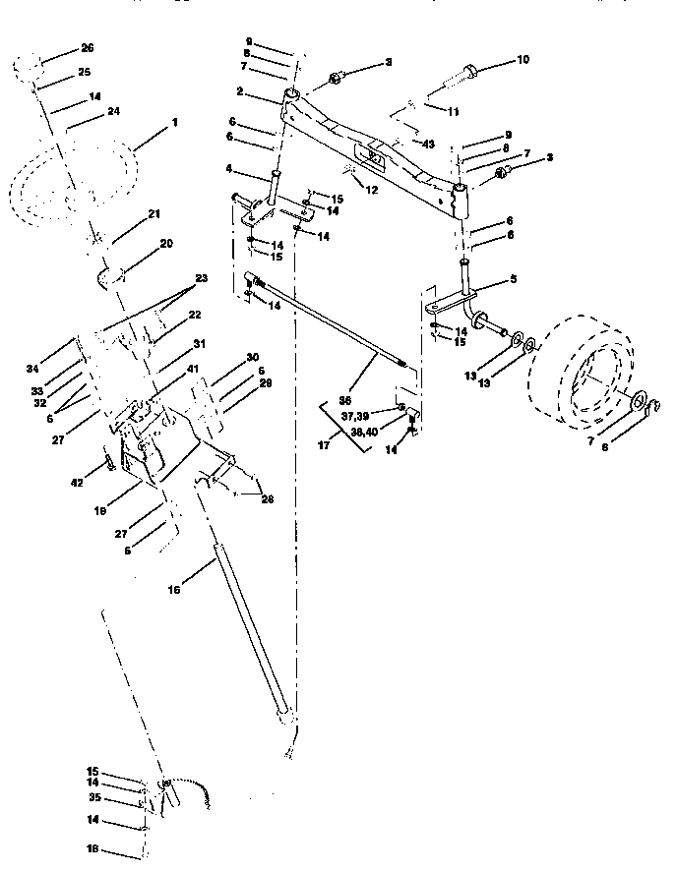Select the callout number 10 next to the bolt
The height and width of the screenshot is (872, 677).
point(522,60)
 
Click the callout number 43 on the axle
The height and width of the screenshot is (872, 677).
point(428,144)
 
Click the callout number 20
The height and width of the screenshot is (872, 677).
point(165,242)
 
